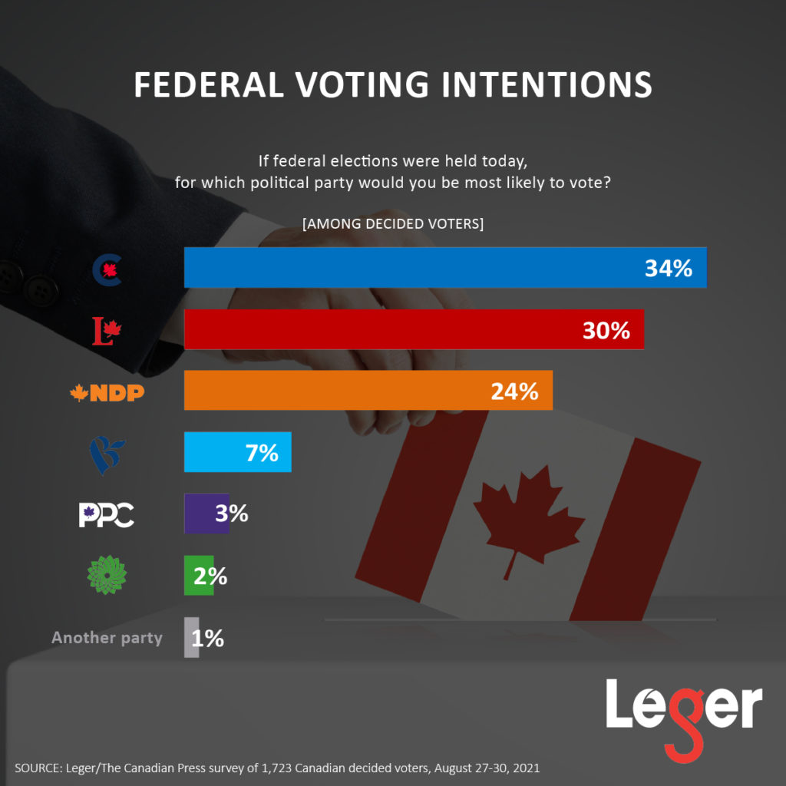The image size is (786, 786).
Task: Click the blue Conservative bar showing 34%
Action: click(445, 267)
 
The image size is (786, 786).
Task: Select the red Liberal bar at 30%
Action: click(414, 329)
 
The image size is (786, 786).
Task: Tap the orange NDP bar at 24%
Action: click(368, 391)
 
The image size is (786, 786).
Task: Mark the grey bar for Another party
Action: click(191, 637)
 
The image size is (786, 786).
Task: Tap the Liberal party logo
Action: click(107, 331)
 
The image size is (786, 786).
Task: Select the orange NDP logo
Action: click(107, 393)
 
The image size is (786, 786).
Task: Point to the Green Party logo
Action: click(104, 576)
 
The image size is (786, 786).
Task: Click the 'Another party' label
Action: click(107, 638)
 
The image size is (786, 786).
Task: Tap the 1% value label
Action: click(208, 638)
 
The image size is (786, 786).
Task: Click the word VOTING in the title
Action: click(369, 84)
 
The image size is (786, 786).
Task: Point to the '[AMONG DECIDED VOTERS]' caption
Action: click(393, 224)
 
